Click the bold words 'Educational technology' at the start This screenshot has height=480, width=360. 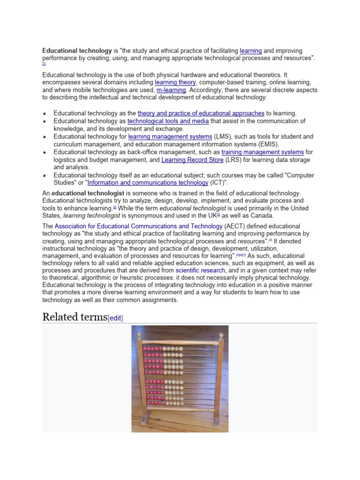pos(77,51)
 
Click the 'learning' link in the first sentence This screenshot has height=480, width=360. pos(250,51)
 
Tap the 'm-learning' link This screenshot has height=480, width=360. pos(171,90)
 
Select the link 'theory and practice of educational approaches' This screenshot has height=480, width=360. pos(201,113)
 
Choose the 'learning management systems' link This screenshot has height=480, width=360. pos(170,137)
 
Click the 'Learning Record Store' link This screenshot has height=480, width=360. pos(192,160)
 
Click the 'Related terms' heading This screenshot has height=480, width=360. pos(75,317)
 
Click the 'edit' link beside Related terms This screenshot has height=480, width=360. pos(115,318)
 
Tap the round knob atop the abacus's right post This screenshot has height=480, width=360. pos(220,336)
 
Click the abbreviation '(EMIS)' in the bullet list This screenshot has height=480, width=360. pos(266,144)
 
